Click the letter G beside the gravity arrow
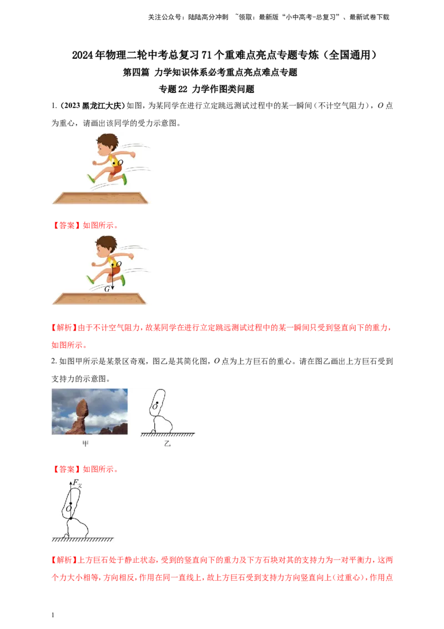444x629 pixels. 107,289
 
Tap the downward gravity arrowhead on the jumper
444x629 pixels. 113,289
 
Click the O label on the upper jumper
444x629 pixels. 119,162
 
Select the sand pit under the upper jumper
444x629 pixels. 101,198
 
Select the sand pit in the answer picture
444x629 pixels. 101,299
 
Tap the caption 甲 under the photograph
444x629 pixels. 85,444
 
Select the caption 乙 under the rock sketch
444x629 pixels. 168,444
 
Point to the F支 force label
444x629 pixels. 77,484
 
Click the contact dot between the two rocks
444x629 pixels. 71,518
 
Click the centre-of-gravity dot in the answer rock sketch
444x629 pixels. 70,502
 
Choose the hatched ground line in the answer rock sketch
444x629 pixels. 82,539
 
